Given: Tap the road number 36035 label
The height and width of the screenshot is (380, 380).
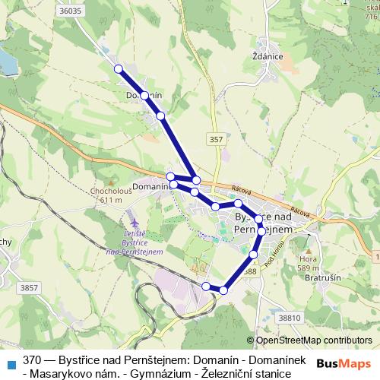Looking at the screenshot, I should tap(69, 11).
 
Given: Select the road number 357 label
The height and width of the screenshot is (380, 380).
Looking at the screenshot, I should tap(217, 139).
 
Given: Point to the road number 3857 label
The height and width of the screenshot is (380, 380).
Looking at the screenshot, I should tap(30, 287).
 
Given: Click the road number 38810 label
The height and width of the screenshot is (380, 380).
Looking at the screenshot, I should tap(290, 317).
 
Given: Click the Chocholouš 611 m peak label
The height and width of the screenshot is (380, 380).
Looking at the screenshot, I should tap(111, 195).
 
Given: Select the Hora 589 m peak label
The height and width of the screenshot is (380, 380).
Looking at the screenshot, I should tap(308, 262).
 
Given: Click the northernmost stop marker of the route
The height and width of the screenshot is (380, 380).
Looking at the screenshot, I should tap(119, 69).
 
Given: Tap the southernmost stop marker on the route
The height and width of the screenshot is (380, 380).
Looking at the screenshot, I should tap(223, 290).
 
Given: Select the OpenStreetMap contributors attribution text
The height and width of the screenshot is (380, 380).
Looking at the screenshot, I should tap(314, 340).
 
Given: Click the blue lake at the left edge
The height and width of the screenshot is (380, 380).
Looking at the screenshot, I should tap(6, 61).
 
